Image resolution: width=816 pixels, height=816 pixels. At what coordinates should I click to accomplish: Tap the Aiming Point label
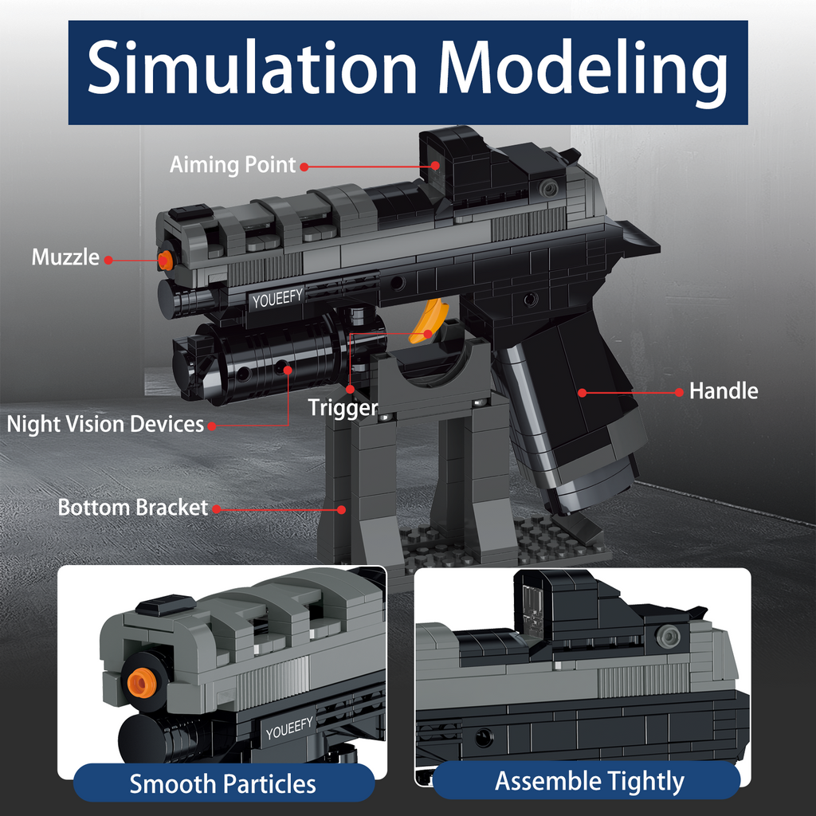tap(233, 165)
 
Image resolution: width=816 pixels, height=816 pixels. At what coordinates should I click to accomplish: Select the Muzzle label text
tap(65, 257)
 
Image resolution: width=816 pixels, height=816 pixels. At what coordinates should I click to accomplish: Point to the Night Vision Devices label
tap(105, 424)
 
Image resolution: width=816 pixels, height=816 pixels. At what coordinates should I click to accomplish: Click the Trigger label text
tap(343, 408)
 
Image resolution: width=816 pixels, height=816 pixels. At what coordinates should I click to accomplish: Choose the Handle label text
tap(724, 391)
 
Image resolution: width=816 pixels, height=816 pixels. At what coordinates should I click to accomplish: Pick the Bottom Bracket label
tap(132, 508)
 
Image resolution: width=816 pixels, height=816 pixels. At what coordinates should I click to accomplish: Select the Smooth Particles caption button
tap(223, 783)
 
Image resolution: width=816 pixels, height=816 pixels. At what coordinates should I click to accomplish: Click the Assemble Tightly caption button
tap(590, 781)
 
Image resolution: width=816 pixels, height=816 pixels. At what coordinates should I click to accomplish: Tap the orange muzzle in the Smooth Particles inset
tap(142, 681)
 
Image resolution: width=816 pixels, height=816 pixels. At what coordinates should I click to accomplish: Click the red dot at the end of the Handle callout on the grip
tap(583, 392)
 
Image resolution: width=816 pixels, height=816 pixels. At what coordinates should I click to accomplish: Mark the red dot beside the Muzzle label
tap(108, 259)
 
